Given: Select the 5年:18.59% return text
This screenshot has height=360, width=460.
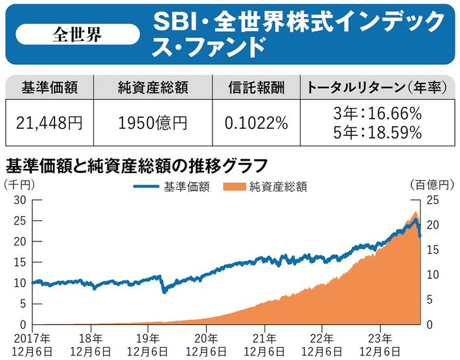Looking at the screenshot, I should [x=376, y=132].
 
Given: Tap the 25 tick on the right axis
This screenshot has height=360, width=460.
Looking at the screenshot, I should [x=433, y=199].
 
